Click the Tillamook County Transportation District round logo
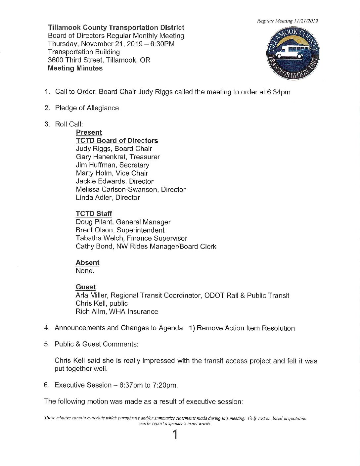click(293, 54)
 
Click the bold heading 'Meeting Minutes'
click(75, 68)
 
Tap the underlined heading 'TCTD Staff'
click(94, 214)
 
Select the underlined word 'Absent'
click(87, 262)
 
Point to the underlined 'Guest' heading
click(86, 287)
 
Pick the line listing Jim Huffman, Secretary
click(112, 165)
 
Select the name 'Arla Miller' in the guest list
click(91, 295)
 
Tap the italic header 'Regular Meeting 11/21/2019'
click(288, 21)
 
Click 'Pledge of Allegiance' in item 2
click(87, 108)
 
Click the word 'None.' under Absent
click(85, 271)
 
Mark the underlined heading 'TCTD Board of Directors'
click(117, 141)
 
